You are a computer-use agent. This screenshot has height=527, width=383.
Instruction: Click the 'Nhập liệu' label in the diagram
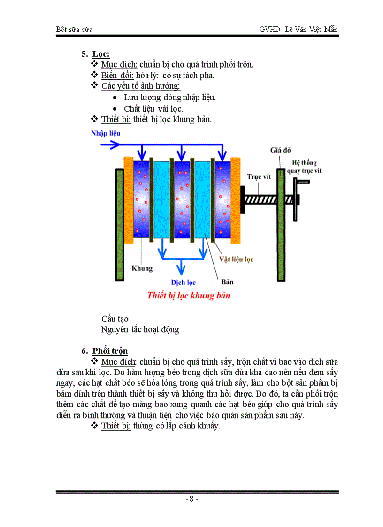[105, 133]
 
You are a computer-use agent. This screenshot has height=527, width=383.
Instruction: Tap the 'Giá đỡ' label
[281, 150]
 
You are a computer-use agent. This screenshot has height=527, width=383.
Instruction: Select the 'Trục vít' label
[260, 177]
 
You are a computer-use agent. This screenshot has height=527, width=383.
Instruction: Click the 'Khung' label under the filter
[142, 268]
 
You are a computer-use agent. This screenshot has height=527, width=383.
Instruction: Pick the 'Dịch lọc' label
[183, 283]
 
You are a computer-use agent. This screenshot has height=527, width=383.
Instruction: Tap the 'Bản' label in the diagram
[227, 282]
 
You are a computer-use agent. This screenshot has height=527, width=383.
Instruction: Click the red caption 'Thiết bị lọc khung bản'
[189, 296]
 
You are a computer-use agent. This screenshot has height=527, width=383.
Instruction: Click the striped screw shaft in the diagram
[260, 198]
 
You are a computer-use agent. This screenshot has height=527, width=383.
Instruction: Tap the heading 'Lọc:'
[101, 54]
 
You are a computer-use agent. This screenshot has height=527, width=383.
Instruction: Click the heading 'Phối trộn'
[110, 351]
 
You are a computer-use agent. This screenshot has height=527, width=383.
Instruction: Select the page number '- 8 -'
[191, 499]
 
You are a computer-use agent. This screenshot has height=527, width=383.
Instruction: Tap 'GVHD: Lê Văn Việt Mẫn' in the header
[299, 29]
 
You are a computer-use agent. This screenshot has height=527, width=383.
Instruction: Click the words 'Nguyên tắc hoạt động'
[140, 329]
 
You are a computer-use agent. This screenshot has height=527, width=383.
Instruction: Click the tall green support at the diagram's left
[120, 224]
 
